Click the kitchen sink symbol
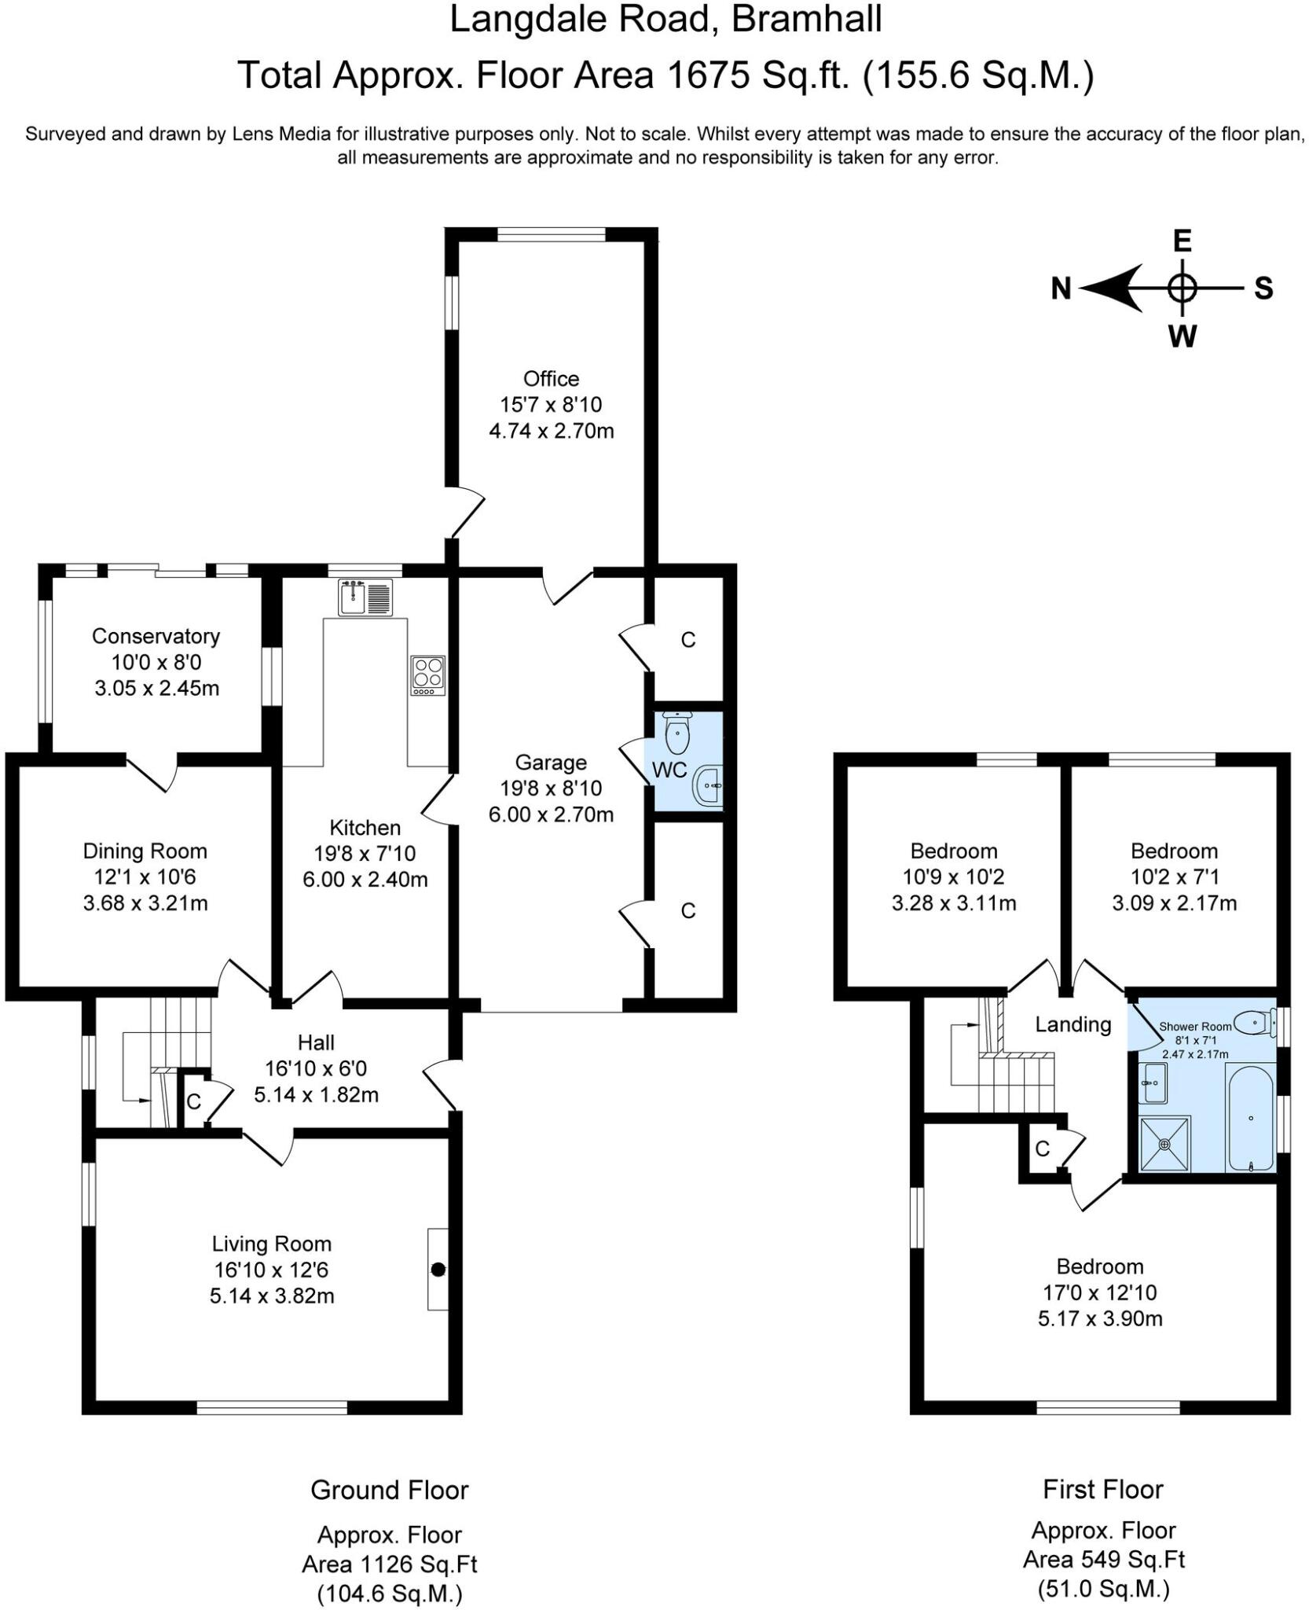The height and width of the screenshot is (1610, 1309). pyautogui.click(x=365, y=597)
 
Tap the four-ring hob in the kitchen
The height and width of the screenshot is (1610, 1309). pyautogui.click(x=427, y=675)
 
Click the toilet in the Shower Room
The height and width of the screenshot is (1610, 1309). pyautogui.click(x=1254, y=1023)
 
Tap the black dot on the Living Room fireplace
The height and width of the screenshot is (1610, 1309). pyautogui.click(x=438, y=1269)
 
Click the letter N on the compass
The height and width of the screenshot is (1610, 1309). pyautogui.click(x=1061, y=289)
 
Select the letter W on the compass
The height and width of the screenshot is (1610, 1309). pyautogui.click(x=1182, y=336)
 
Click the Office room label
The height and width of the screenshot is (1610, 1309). pyautogui.click(x=551, y=379)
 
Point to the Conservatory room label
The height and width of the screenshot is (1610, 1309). pyautogui.click(x=156, y=636)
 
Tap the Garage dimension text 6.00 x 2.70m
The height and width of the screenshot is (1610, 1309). pyautogui.click(x=551, y=814)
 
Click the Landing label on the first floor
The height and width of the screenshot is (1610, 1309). pyautogui.click(x=1072, y=1024)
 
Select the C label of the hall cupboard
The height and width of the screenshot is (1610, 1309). pyautogui.click(x=193, y=1101)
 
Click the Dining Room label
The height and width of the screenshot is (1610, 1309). pyautogui.click(x=145, y=851)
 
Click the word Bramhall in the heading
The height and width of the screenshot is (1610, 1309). pyautogui.click(x=808, y=19)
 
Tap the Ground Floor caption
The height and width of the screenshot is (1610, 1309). pyautogui.click(x=390, y=1490)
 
